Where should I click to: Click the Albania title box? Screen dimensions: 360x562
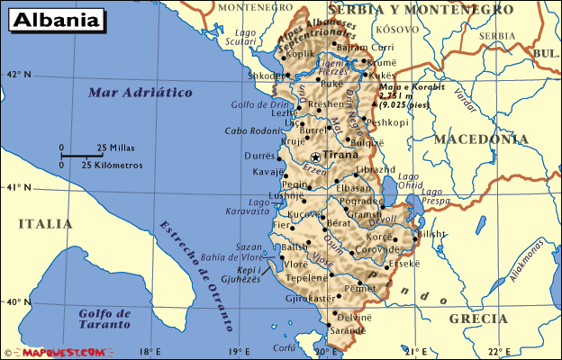tap(56, 19)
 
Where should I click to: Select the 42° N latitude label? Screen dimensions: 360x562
tap(18, 75)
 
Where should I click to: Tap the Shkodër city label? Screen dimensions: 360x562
tap(267, 76)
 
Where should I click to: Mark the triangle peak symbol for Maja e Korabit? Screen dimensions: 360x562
tap(374, 104)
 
